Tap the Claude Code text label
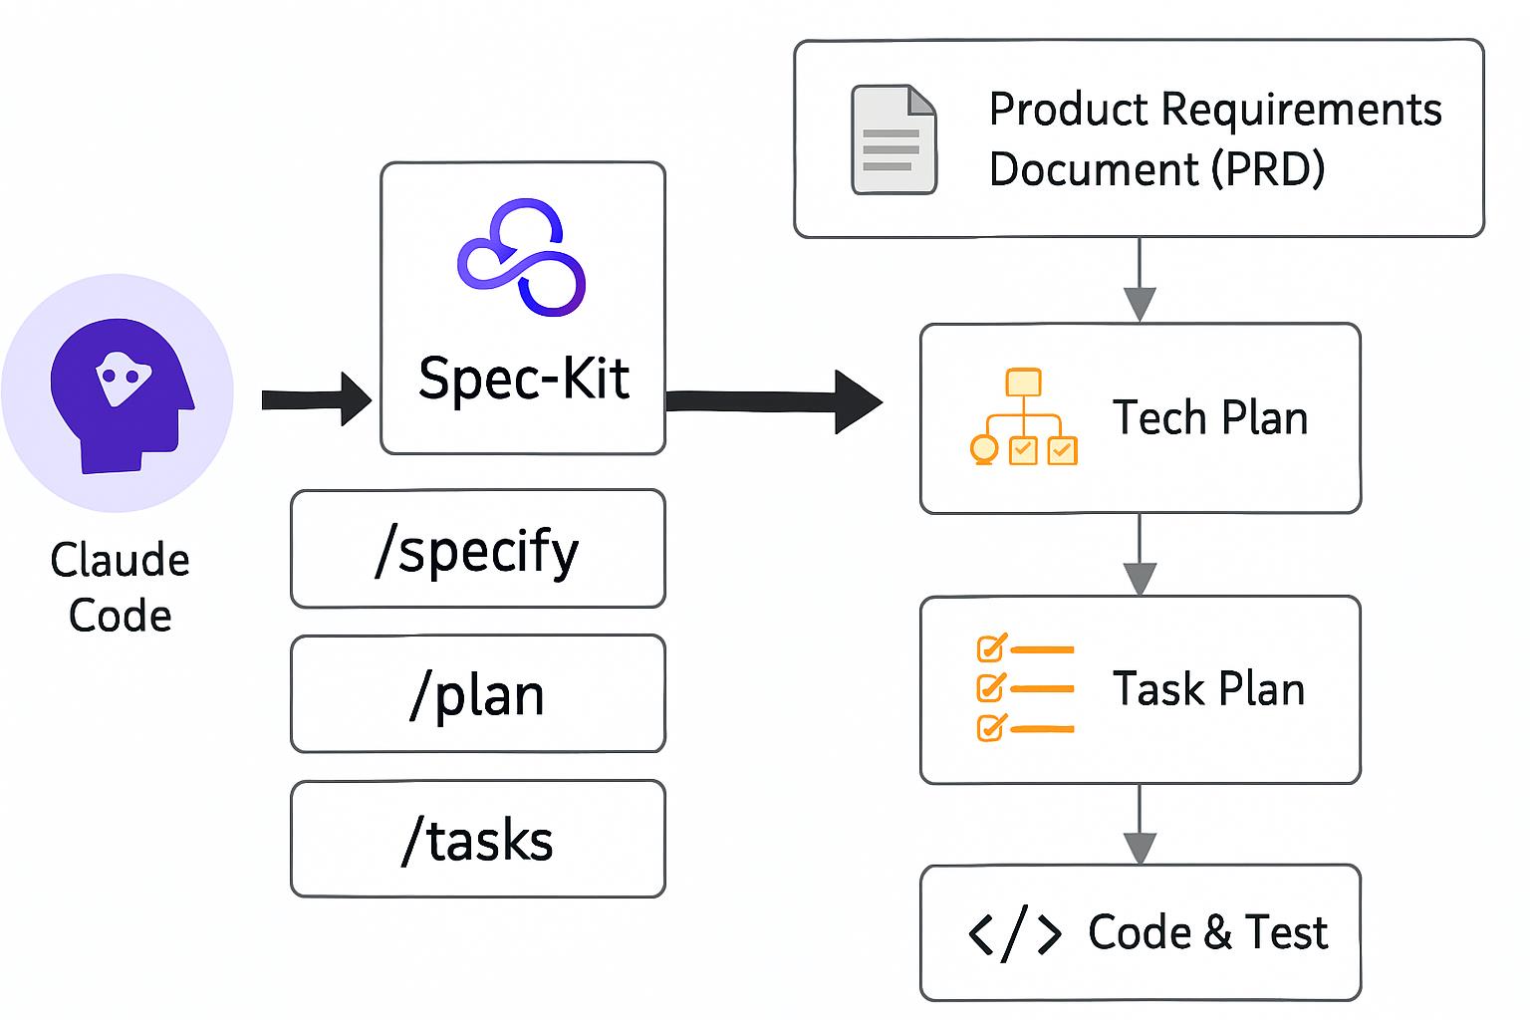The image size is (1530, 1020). click(x=120, y=588)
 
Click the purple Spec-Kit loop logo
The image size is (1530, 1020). click(x=522, y=257)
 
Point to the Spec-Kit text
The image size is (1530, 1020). click(x=524, y=379)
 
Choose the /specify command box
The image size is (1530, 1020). click(x=477, y=549)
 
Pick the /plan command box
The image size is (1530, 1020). click(x=477, y=694)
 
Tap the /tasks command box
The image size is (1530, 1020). click(x=477, y=840)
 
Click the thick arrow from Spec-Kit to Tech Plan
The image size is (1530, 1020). click(x=773, y=401)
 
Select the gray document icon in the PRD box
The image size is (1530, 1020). click(x=893, y=139)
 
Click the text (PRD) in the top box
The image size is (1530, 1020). click(x=1268, y=169)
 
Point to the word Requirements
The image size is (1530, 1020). click(x=1301, y=110)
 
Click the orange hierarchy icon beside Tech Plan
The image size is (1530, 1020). click(x=1023, y=417)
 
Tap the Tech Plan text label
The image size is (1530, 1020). click(x=1209, y=417)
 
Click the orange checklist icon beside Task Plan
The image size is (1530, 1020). click(x=1024, y=688)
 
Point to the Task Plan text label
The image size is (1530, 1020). click(x=1208, y=689)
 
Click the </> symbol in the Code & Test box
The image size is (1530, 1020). click(x=1014, y=933)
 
